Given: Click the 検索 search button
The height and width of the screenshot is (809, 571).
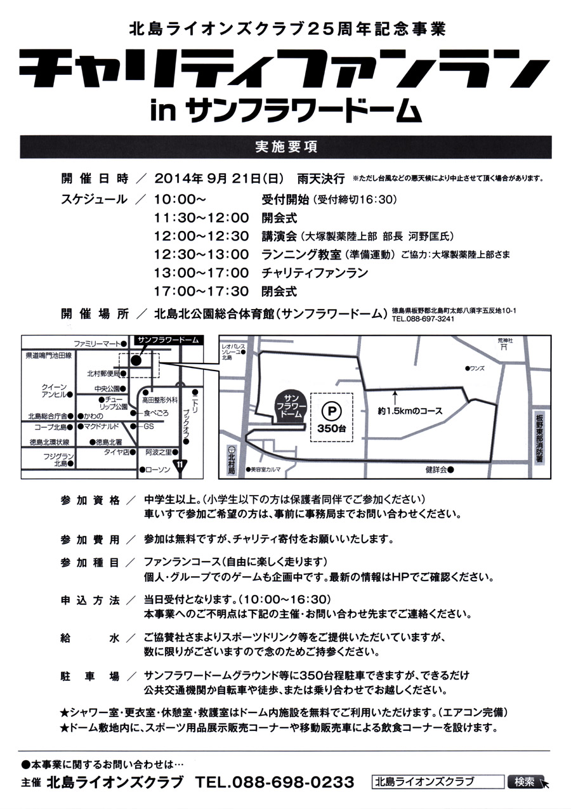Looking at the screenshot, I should tap(525, 781).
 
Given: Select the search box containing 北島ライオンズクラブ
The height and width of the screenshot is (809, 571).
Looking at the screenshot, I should tap(438, 781).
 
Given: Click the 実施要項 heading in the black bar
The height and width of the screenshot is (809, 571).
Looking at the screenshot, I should tap(285, 147).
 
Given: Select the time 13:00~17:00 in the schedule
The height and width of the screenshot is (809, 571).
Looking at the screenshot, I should tap(201, 273).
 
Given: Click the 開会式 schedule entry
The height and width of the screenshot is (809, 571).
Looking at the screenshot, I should tap(279, 218).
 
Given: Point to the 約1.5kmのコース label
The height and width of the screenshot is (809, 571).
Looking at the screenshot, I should tap(410, 411).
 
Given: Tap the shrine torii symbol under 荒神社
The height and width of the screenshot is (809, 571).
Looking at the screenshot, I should tap(504, 347).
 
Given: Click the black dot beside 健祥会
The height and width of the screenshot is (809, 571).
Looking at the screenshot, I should tap(450, 470).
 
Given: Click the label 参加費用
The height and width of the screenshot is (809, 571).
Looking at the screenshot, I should tap(89, 539).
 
